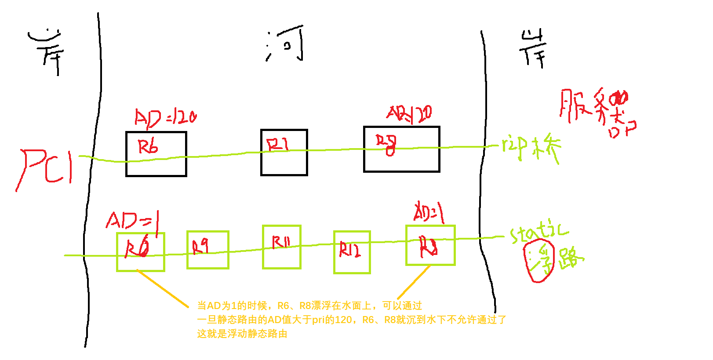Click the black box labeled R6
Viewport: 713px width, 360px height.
156,154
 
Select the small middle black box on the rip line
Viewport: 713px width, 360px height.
284,153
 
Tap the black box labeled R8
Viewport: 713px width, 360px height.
401,149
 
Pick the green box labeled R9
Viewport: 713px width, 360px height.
208,250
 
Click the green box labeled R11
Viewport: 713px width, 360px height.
282,247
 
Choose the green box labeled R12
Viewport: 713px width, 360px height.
352,252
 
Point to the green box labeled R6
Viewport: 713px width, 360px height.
141,252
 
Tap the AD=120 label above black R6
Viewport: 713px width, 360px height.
165,118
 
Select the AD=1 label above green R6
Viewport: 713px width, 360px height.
132,220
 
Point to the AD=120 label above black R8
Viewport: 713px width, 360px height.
409,114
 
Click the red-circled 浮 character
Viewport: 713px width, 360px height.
540,261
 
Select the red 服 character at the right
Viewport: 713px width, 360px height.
574,105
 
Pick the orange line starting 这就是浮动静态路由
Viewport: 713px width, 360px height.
242,334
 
